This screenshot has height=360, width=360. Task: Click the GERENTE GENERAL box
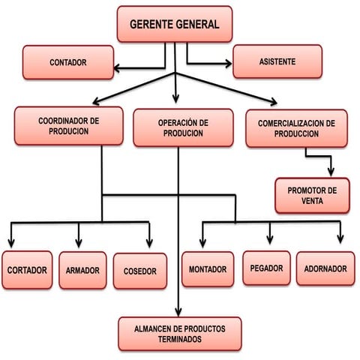pyautogui.click(x=175, y=24)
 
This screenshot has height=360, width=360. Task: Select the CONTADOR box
pyautogui.click(x=68, y=62)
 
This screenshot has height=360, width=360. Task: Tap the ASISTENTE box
pyautogui.click(x=277, y=61)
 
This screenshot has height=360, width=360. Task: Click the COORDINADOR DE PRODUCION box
pyautogui.click(x=69, y=126)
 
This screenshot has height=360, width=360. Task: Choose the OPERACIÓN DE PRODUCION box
pyautogui.click(x=183, y=127)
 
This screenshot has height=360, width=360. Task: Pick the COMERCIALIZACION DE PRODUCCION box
pyautogui.click(x=296, y=128)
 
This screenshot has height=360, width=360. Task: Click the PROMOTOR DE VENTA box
pyautogui.click(x=312, y=196)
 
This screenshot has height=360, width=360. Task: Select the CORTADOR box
pyautogui.click(x=27, y=270)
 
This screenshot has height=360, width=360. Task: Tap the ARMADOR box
pyautogui.click(x=82, y=270)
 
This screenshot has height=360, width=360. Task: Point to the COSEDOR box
pyautogui.click(x=140, y=271)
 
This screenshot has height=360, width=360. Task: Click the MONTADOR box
pyautogui.click(x=208, y=269)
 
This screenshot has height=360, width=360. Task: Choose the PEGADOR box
pyautogui.click(x=266, y=268)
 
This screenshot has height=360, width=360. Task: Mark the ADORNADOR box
pyautogui.click(x=325, y=268)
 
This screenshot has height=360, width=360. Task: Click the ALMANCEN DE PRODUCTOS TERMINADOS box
pyautogui.click(x=180, y=334)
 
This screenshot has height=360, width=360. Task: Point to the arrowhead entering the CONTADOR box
pyautogui.click(x=116, y=68)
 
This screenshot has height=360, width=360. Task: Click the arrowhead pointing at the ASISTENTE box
pyautogui.click(x=229, y=64)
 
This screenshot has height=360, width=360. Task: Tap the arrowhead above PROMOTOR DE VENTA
pyautogui.click(x=331, y=172)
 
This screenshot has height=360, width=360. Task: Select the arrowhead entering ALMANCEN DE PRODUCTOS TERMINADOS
pyautogui.click(x=178, y=313)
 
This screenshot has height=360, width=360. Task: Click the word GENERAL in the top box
pyautogui.click(x=197, y=24)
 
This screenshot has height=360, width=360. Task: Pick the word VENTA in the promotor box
pyautogui.click(x=312, y=201)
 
